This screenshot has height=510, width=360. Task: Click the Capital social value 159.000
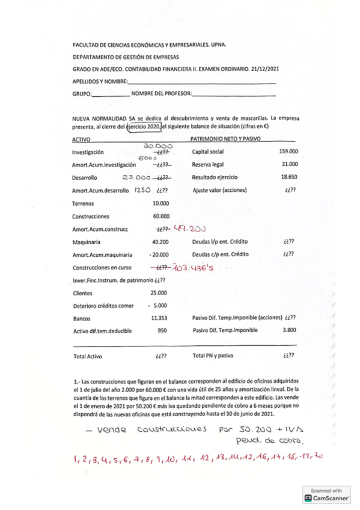tap(289, 152)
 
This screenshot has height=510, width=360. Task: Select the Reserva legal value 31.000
tap(290, 164)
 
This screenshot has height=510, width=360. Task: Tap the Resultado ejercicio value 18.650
tap(289, 177)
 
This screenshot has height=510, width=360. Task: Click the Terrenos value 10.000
tap(161, 204)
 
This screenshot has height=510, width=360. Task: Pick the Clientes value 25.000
tap(159, 292)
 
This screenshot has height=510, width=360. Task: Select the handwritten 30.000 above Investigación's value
tap(158, 146)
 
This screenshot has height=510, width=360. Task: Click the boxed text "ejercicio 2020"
tap(144, 127)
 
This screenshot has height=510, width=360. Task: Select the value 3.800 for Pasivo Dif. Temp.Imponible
tap(290, 330)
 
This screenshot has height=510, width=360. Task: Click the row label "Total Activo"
tap(87, 357)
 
